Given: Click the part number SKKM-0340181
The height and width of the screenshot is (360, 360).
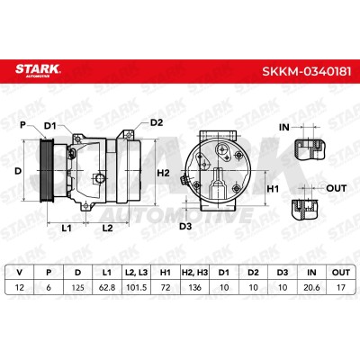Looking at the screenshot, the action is pyautogui.click(x=306, y=71).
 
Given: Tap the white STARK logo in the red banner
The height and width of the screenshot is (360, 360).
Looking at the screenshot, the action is pyautogui.click(x=38, y=70).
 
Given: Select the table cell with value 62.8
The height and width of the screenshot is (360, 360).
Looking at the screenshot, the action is pyautogui.click(x=107, y=287).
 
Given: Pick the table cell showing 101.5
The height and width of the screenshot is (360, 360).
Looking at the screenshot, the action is pyautogui.click(x=137, y=287).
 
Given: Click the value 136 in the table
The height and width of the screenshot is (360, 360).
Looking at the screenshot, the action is pyautogui.click(x=195, y=287).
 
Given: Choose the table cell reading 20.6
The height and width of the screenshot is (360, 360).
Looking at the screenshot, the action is pyautogui.click(x=311, y=287).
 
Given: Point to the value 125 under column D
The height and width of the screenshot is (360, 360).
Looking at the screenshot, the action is pyautogui.click(x=78, y=287).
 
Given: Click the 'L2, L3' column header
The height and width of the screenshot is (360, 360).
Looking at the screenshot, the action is pyautogui.click(x=137, y=273).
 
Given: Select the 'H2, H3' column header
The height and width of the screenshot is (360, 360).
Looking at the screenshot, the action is pyautogui.click(x=195, y=273).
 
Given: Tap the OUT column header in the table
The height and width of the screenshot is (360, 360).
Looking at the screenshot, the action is pyautogui.click(x=341, y=273).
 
